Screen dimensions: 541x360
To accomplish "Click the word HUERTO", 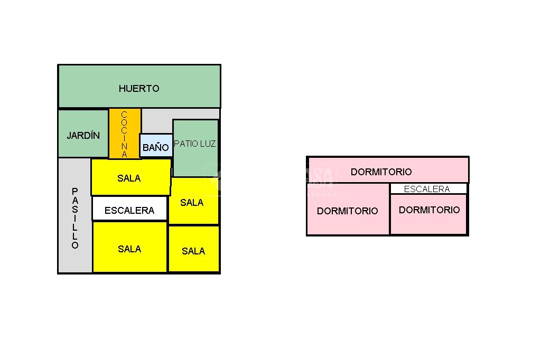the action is (139, 89).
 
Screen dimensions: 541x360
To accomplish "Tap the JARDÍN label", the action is (83, 136).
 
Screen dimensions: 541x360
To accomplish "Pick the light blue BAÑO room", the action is (156, 146).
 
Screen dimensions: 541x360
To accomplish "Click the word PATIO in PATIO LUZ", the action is (184, 144).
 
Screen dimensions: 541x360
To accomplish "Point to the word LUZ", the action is (208, 144).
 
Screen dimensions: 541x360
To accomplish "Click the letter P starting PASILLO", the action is (75, 191).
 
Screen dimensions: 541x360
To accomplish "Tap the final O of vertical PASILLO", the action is (75, 245).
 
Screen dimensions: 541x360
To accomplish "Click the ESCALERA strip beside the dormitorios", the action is (427, 189).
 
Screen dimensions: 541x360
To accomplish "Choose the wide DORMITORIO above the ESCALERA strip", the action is (381, 172).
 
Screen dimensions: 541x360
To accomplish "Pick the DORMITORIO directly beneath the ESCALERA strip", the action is (429, 214).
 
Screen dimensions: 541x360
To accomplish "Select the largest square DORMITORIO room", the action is (348, 210).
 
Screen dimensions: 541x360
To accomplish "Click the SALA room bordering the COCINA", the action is (130, 178).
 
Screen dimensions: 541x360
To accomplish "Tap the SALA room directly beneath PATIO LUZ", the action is (192, 202).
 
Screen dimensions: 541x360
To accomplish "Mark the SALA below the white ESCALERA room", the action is (129, 248).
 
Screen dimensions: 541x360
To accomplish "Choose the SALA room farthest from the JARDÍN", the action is (193, 250).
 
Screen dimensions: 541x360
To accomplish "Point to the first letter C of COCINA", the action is (125, 115).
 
